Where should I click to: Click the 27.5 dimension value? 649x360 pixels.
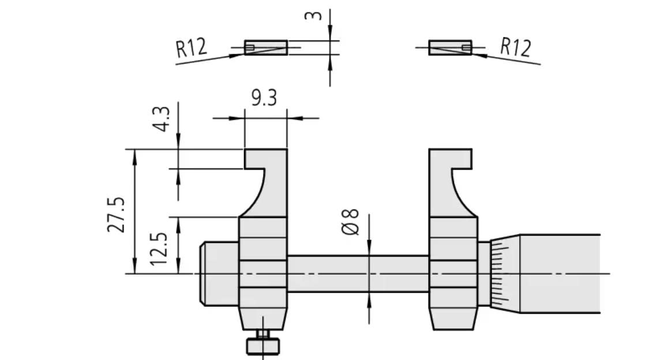(x=116, y=215)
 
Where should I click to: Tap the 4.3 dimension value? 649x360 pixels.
(x=163, y=119)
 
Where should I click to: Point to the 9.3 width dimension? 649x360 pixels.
(x=264, y=98)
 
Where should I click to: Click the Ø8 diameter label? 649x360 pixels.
(x=351, y=222)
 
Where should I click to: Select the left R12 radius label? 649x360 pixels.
(x=191, y=47)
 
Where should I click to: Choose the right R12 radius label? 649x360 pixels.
(x=515, y=46)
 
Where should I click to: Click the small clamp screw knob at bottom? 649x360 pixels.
(x=262, y=345)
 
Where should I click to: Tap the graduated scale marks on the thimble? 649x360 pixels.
(x=500, y=273)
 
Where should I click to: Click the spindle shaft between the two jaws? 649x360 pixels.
(x=358, y=273)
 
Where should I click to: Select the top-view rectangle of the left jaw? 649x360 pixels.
(x=265, y=47)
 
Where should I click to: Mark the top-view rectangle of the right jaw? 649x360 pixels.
(x=450, y=47)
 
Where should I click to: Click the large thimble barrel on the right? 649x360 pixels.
(x=560, y=273)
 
